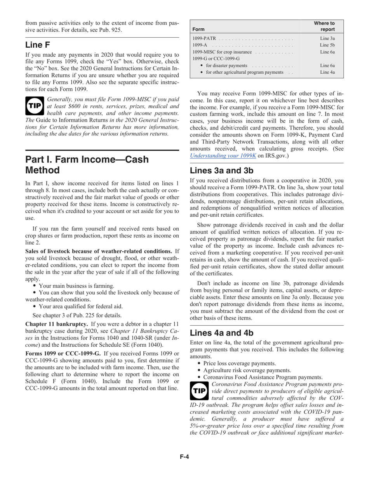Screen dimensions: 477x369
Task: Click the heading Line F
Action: pos(38,45)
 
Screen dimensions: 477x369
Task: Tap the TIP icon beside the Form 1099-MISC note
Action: pos(34,106)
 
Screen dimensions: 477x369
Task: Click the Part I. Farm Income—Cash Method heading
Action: pos(87,165)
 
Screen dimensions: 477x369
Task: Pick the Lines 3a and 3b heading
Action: pos(222,171)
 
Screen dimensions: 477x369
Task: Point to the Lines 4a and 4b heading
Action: pos(222,333)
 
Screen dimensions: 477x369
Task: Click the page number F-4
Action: pos(184,456)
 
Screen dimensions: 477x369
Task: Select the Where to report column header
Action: pos(324,26)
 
